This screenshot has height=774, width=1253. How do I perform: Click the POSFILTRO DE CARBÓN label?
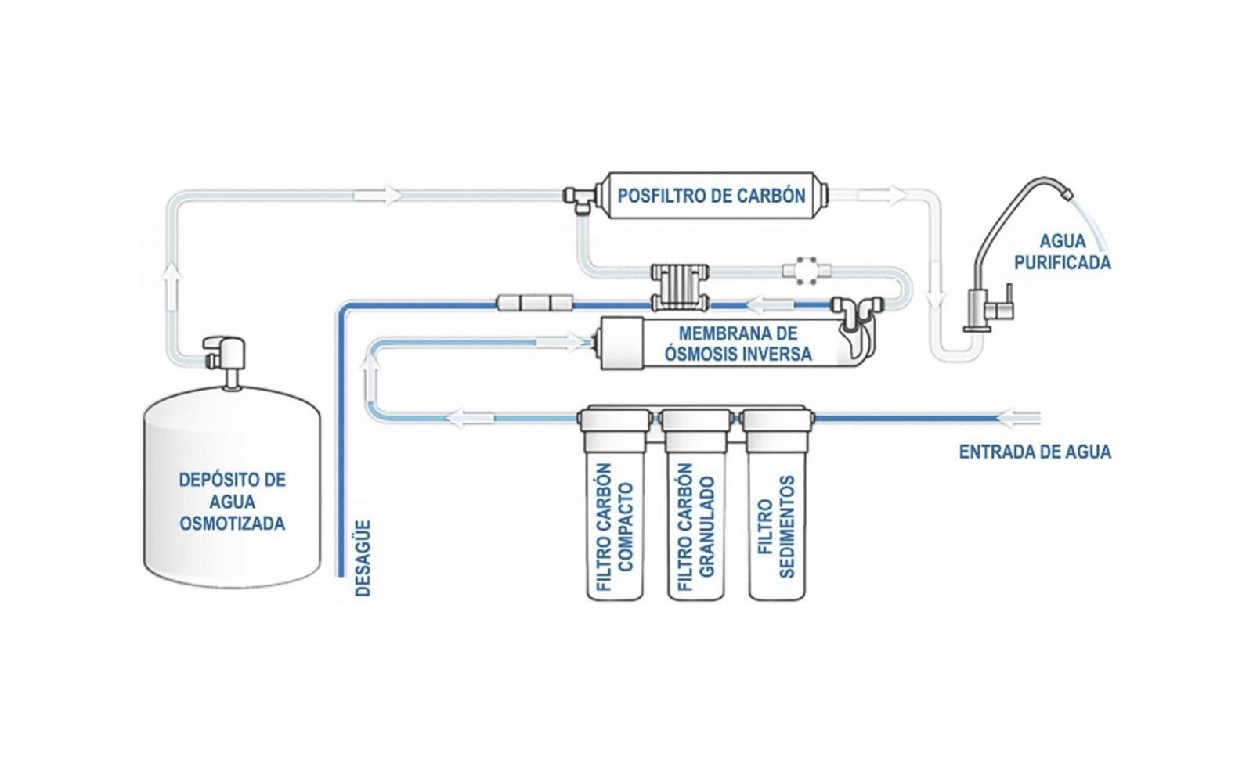pyautogui.click(x=710, y=195)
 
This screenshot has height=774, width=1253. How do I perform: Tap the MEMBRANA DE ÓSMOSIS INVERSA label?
pyautogui.click(x=738, y=344)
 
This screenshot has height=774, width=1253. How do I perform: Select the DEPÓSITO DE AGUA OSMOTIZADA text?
pyautogui.click(x=232, y=501)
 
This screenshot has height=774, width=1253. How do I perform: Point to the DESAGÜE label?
pyautogui.click(x=363, y=558)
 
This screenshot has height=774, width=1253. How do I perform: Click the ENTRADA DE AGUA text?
pyautogui.click(x=1035, y=452)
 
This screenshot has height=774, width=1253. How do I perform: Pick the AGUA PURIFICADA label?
pyautogui.click(x=1062, y=252)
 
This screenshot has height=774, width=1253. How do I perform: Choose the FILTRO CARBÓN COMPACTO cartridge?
pyautogui.click(x=616, y=517)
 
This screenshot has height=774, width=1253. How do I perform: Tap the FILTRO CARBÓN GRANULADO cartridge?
pyautogui.click(x=696, y=517)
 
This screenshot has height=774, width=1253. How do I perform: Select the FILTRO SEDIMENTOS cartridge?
pyautogui.click(x=776, y=517)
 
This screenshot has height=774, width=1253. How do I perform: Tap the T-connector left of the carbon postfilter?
pyautogui.click(x=578, y=197)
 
